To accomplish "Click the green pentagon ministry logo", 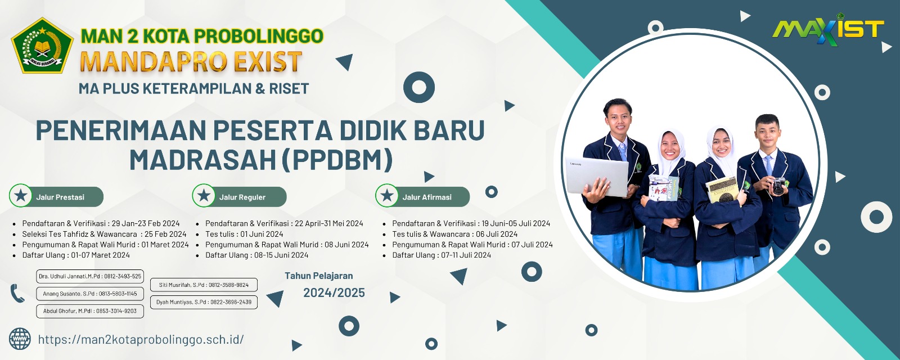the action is [x=42, y=46].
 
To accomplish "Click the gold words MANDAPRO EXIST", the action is [x=191, y=62].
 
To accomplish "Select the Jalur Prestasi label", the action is [x=60, y=197].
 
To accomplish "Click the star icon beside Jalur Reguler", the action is [x=204, y=196].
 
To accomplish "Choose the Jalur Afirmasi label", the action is [x=427, y=197].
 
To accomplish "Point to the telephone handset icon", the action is [x=17, y=293].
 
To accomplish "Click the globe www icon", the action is [x=20, y=339].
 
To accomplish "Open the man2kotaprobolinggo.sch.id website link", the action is [x=141, y=340].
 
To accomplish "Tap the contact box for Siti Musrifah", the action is [x=204, y=285].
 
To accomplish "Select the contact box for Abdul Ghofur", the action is [x=90, y=311].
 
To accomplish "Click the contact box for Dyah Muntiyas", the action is [x=204, y=302].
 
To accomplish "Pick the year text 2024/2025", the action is [x=334, y=292].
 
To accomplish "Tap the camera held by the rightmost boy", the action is [x=778, y=186].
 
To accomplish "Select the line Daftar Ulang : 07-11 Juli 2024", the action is [x=442, y=255].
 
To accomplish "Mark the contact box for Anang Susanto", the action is [x=90, y=294].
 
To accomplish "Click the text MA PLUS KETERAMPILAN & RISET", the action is [x=193, y=88].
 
